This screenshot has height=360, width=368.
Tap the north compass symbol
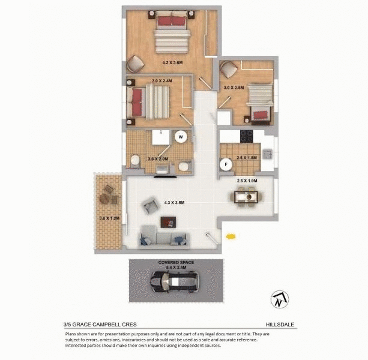click(x=280, y=298)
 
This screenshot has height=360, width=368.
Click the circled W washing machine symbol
click(x=180, y=137)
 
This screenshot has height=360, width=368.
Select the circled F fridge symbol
click(x=227, y=162)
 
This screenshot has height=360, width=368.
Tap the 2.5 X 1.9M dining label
click(x=247, y=181)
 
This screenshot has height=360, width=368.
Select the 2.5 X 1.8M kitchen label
click(x=247, y=158)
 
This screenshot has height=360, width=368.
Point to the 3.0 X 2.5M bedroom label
click(x=234, y=88)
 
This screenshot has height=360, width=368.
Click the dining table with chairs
click(x=247, y=196)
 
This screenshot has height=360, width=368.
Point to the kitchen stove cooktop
click(x=247, y=136)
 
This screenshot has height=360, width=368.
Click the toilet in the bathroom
click(x=135, y=161)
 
